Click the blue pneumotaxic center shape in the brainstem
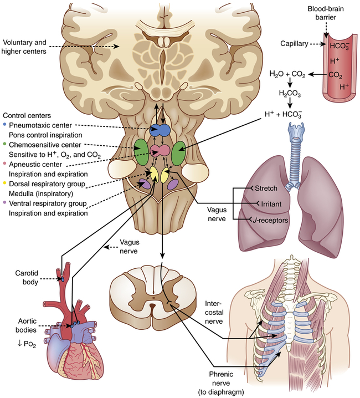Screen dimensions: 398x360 pos(162,131)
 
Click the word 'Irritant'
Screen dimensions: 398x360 pos(267,204)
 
